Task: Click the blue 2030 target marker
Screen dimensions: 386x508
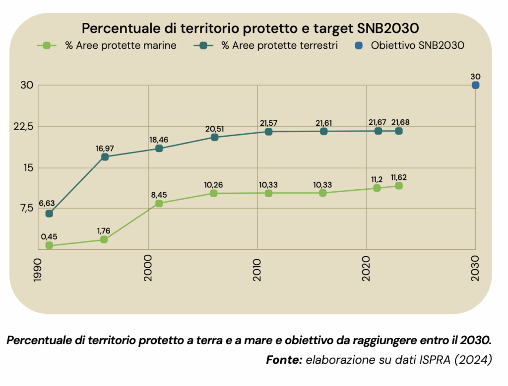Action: (x=475, y=85)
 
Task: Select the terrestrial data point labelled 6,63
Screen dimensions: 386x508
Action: (x=49, y=214)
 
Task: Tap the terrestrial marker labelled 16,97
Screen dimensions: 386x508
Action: (x=105, y=157)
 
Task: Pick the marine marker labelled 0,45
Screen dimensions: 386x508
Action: (x=49, y=245)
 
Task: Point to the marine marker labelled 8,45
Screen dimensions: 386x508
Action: (x=159, y=203)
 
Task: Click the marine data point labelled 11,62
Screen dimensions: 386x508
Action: (x=398, y=186)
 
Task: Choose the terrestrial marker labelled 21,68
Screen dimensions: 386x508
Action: (x=398, y=131)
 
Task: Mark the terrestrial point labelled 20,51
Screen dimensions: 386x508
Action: (x=214, y=137)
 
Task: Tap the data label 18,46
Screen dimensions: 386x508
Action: (x=159, y=140)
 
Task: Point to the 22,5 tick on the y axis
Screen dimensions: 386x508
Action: (x=23, y=126)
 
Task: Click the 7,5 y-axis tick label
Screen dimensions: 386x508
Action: (x=25, y=208)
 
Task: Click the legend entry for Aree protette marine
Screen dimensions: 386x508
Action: (x=107, y=46)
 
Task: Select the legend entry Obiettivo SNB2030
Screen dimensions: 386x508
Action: (x=410, y=46)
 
